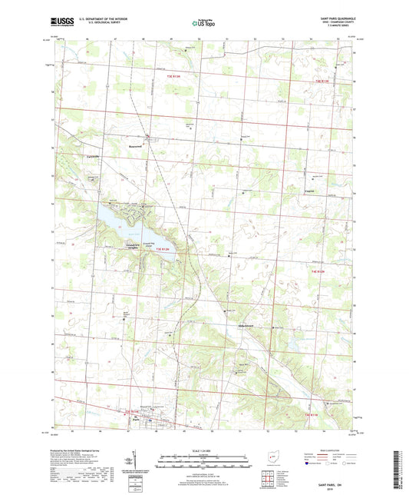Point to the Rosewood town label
[x=136, y=144]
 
